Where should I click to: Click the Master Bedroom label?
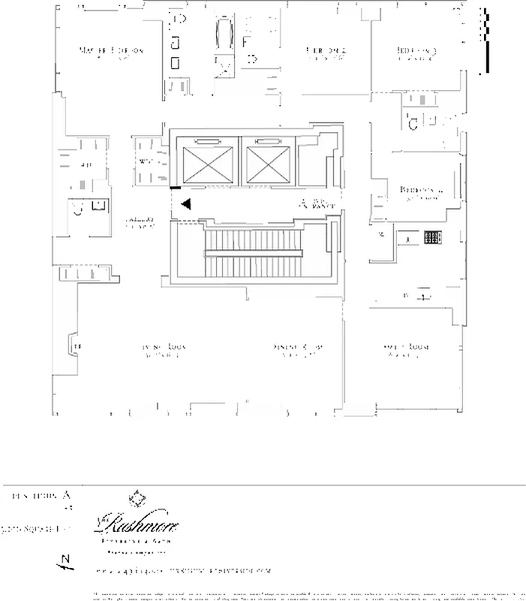111,51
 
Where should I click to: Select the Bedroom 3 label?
417,52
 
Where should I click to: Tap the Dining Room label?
298,347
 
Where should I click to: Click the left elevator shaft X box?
208,164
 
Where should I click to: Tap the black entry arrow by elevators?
186,203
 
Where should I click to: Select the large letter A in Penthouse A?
67,495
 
